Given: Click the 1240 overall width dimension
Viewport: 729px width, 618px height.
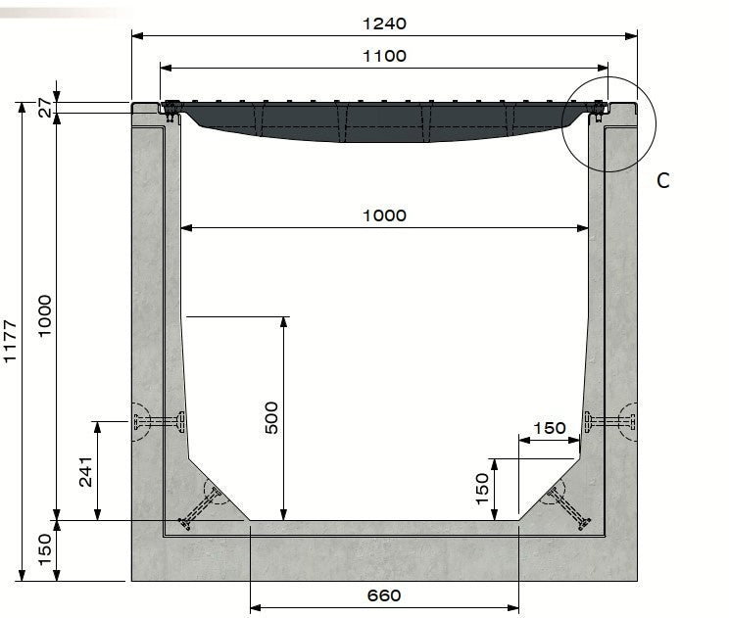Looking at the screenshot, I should [384, 23].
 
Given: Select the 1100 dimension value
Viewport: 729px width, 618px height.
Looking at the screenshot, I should [384, 56].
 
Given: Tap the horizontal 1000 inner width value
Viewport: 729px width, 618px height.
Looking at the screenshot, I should [384, 215].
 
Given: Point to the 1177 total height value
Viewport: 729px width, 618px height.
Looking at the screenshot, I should [11, 341].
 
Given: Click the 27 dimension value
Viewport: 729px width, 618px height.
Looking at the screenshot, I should [44, 109].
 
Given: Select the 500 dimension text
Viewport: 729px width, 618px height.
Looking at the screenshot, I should [272, 418].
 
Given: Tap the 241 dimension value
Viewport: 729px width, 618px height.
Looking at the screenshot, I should [85, 472].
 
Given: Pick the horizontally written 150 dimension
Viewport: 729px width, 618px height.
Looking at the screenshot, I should [549, 428].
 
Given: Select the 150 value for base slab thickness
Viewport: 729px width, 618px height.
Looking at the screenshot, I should [44, 550].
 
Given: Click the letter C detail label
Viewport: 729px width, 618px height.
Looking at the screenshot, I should [663, 180].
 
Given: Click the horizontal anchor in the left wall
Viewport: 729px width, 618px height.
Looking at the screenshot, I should [160, 423].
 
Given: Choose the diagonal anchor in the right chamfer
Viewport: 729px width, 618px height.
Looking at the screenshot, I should [567, 504].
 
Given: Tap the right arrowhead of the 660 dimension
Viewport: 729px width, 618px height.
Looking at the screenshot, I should [513, 608].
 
